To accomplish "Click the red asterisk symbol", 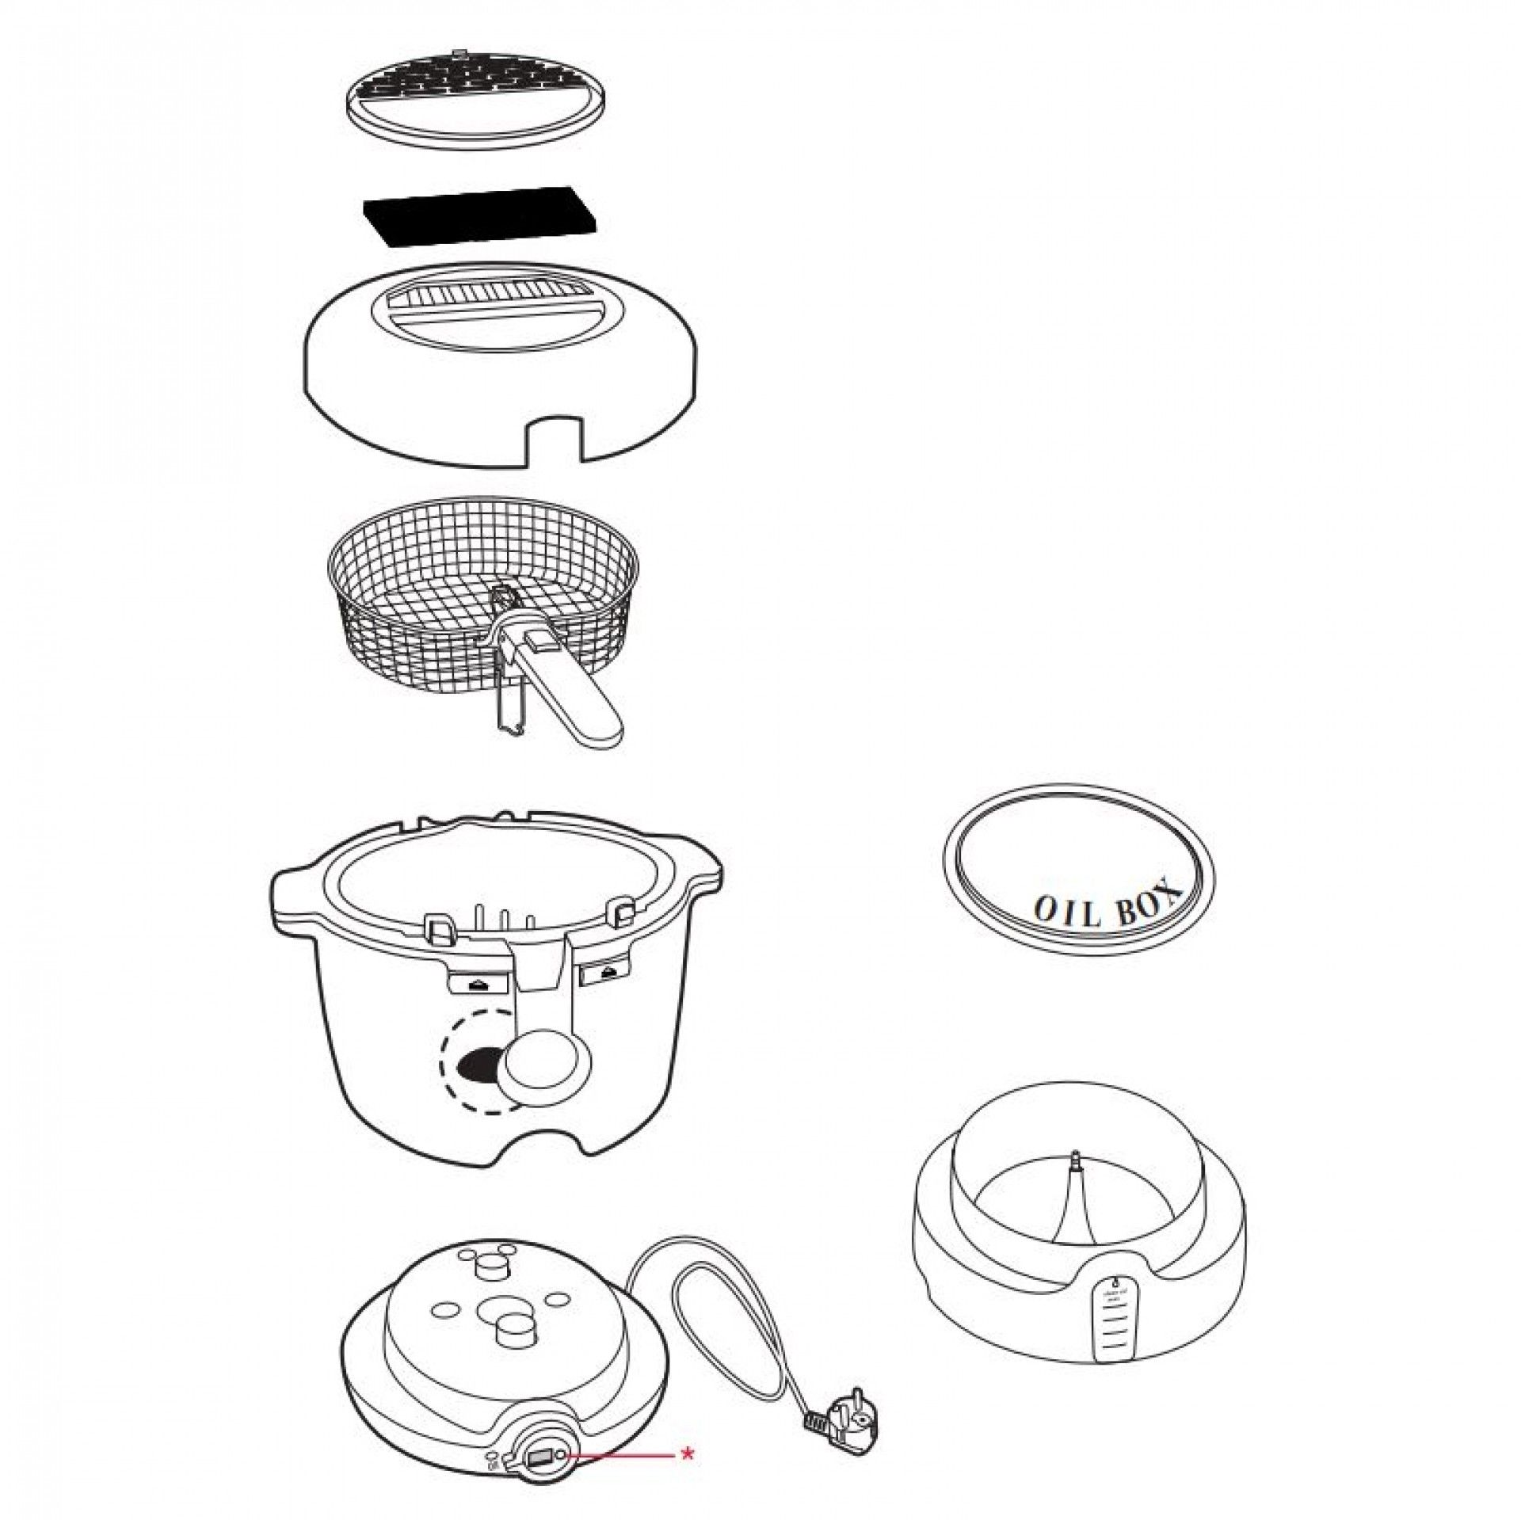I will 688,1453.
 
